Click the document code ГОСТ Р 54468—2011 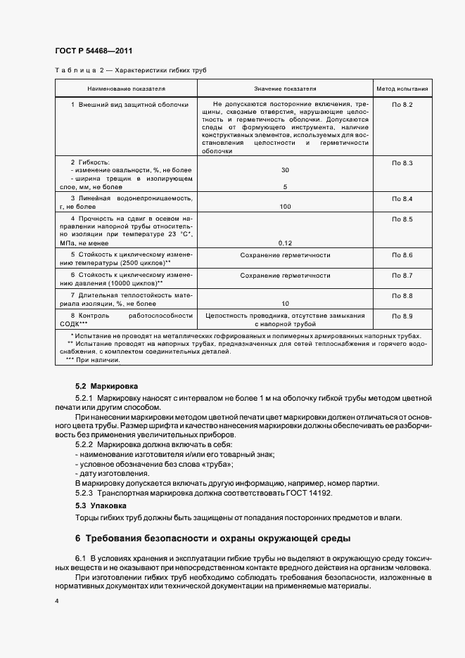[x=94, y=51]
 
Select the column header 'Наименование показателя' [x=126, y=89]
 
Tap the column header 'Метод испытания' [x=402, y=89]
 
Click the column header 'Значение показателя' [x=285, y=89]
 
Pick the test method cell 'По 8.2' [x=402, y=105]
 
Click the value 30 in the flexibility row [x=285, y=170]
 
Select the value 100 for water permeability [x=285, y=207]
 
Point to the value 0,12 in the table [x=285, y=243]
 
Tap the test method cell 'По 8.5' [x=402, y=220]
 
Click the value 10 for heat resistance [x=285, y=304]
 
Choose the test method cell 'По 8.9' [x=402, y=316]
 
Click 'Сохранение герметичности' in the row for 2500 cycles [x=285, y=255]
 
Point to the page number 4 [x=56, y=602]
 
